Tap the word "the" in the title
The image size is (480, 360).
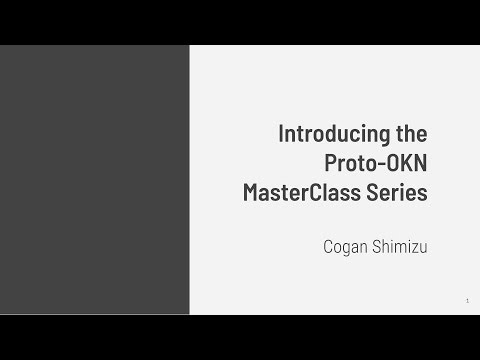411,133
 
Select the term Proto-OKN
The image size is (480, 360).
376,162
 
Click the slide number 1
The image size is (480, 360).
467,301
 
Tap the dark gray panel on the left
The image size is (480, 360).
95,180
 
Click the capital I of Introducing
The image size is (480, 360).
280,133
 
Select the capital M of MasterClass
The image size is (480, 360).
252,191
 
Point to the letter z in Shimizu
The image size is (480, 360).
410,243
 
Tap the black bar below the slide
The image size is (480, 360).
240,337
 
